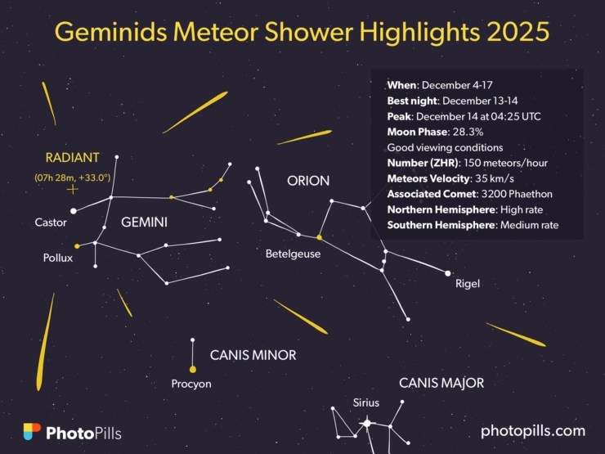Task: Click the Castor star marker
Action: pyautogui.click(x=74, y=210)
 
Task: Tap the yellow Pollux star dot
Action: pyautogui.click(x=77, y=245)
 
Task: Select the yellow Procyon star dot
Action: pyautogui.click(x=192, y=369)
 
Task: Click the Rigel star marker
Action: pyautogui.click(x=447, y=273)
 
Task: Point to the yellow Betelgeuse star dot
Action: pyautogui.click(x=319, y=237)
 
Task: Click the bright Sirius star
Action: pyautogui.click(x=367, y=422)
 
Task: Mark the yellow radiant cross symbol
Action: pyautogui.click(x=73, y=190)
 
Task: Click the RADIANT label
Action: pyautogui.click(x=72, y=157)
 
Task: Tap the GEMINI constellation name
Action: pyautogui.click(x=144, y=223)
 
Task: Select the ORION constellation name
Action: pyautogui.click(x=308, y=181)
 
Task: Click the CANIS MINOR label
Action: pyautogui.click(x=253, y=355)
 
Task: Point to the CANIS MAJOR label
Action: pyautogui.click(x=441, y=383)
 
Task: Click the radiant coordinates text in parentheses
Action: pyautogui.click(x=72, y=177)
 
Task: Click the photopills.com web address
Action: pyautogui.click(x=533, y=430)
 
